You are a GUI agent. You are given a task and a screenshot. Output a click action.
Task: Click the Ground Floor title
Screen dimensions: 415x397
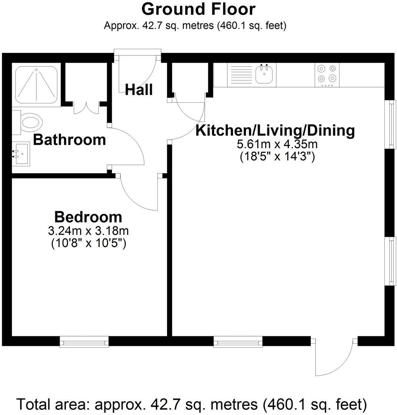coord(198,9)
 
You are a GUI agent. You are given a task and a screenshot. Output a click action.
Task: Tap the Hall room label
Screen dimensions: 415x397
coord(139,90)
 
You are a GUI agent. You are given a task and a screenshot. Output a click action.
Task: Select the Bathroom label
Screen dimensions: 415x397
coord(70,140)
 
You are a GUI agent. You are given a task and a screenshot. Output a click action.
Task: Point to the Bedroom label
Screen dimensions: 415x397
coord(88,217)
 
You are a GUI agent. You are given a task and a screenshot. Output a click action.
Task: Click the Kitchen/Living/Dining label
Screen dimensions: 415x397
coord(275,130)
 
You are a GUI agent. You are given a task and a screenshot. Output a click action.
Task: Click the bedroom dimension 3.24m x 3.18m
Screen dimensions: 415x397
coord(88,231)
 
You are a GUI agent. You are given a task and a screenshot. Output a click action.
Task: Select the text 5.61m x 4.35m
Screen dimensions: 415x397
coord(277,144)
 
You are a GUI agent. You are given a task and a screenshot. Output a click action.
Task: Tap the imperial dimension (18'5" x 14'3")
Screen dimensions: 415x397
coord(277,157)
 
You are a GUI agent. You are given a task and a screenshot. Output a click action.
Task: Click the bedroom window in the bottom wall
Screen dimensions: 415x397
coord(84,341)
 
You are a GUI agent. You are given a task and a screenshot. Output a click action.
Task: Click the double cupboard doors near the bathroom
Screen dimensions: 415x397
coord(86,107)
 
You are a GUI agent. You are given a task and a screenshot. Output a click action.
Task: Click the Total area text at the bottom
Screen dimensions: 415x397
coord(191,404)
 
